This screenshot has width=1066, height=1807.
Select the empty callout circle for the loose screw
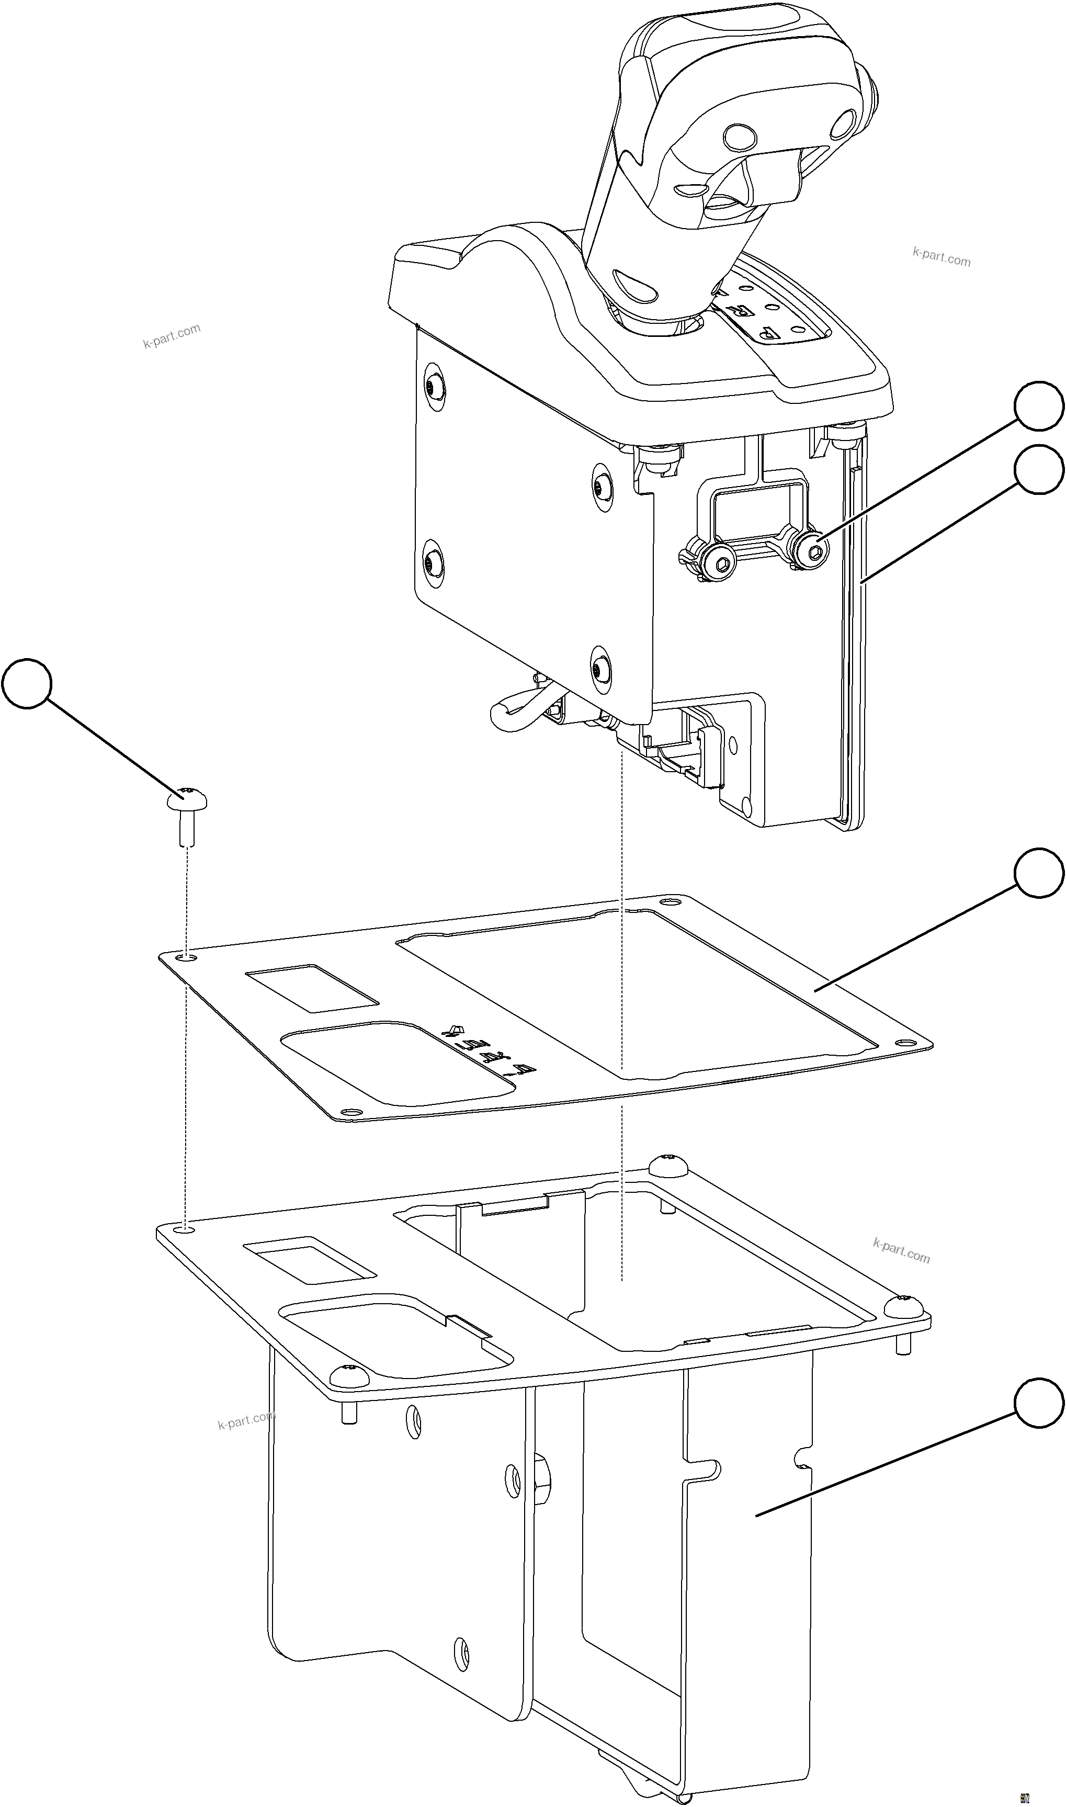pyautogui.click(x=27, y=683)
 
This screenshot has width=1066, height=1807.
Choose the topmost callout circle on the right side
pyautogui.click(x=1039, y=406)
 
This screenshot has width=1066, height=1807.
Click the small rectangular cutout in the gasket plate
pyautogui.click(x=312, y=988)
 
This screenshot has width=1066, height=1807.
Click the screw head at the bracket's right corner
pyautogui.click(x=904, y=1305)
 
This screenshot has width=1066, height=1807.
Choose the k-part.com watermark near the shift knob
pyautogui.click(x=941, y=256)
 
